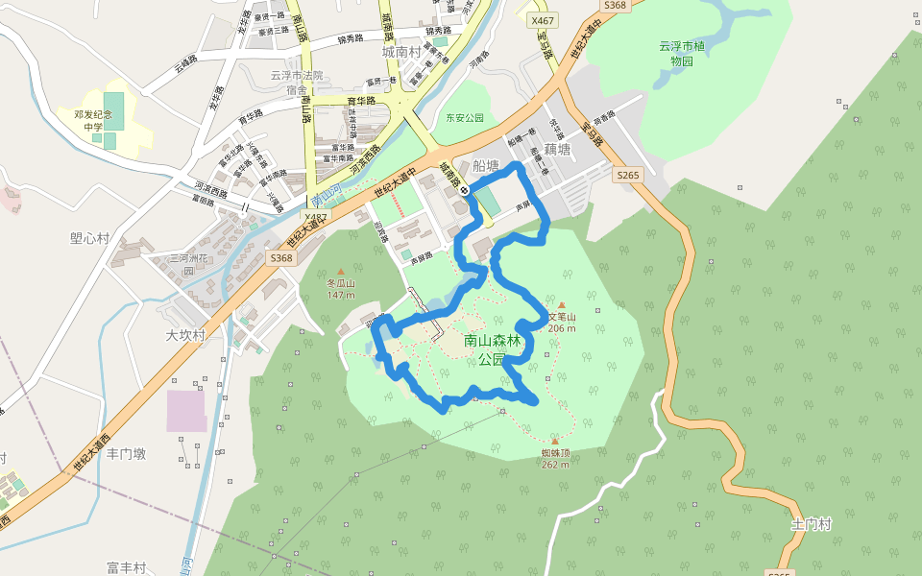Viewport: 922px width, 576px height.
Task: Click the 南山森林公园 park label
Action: [492, 349]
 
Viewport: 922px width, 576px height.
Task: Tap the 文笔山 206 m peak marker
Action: [562, 305]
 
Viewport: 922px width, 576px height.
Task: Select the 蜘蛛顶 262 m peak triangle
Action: [554, 442]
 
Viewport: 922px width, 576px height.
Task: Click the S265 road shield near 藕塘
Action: [627, 175]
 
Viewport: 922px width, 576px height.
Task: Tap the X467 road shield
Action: [543, 19]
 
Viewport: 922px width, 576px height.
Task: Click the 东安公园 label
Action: [465, 118]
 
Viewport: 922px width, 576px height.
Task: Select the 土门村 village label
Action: [811, 524]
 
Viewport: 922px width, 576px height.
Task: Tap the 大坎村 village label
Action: [185, 335]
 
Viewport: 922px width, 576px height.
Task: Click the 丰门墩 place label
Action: [126, 453]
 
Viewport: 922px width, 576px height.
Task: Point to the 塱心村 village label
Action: [89, 238]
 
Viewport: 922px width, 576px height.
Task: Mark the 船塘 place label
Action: [486, 165]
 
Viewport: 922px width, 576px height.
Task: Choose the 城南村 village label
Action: [401, 51]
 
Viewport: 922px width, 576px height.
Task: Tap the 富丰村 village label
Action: [126, 567]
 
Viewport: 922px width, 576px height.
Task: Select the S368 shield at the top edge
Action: [616, 6]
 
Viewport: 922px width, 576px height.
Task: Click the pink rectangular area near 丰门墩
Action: [186, 411]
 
